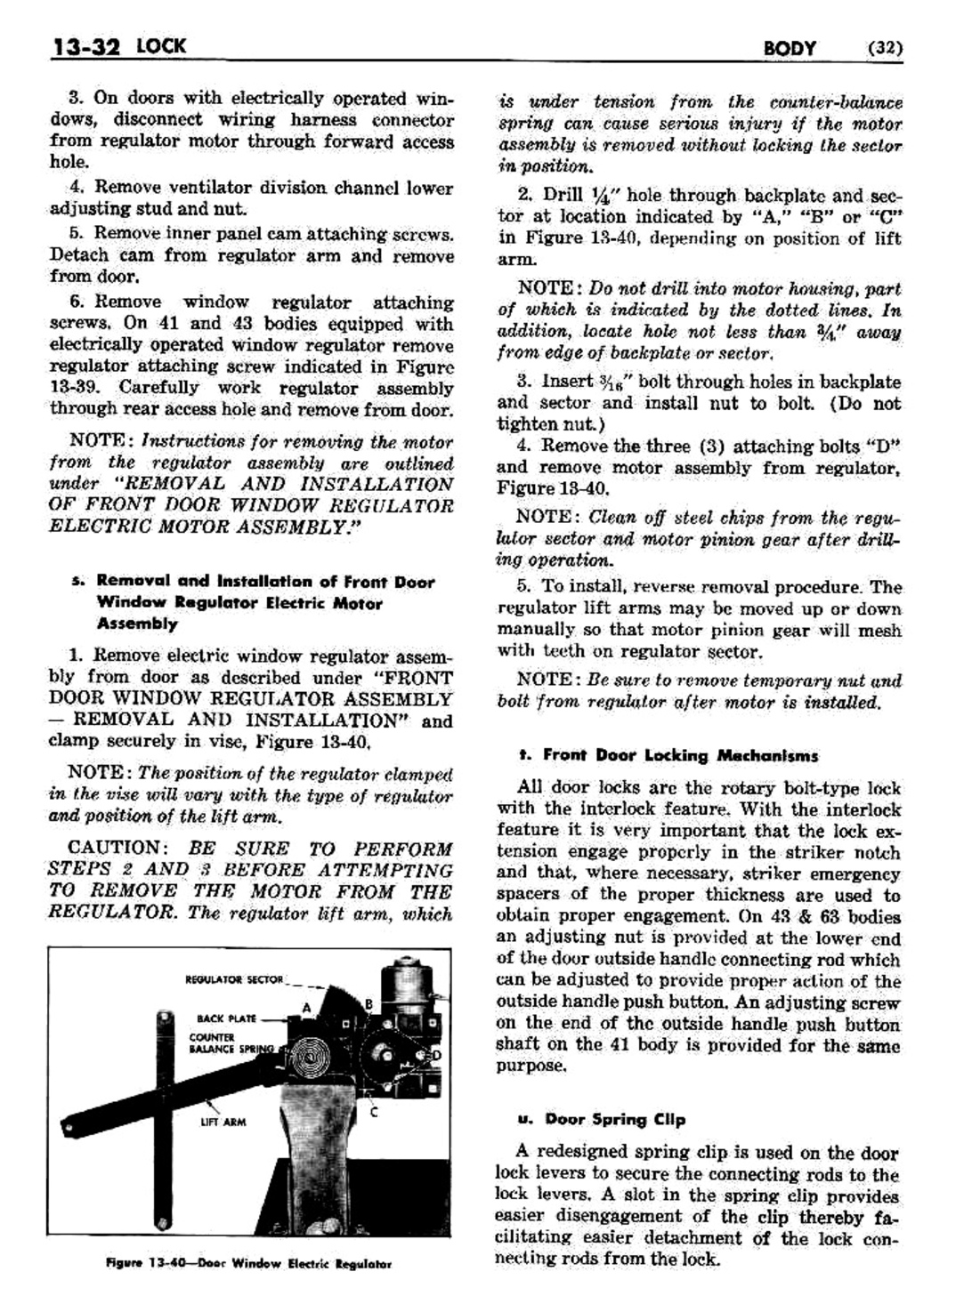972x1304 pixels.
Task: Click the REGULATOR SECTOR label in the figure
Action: click(x=234, y=980)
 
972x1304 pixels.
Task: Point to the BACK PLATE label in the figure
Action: click(x=227, y=1018)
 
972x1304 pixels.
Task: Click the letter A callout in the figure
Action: click(x=306, y=1007)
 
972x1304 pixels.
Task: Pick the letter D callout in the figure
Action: click(x=435, y=1055)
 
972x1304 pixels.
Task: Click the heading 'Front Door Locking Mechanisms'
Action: click(x=680, y=755)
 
